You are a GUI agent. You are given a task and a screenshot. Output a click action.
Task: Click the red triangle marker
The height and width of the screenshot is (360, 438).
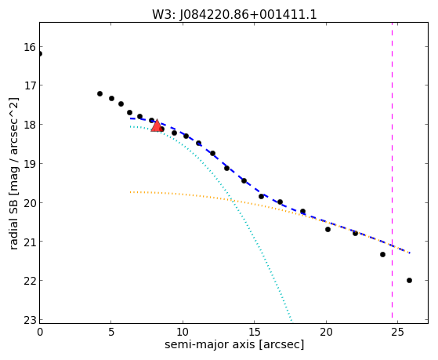pyautogui.click(x=157, y=125)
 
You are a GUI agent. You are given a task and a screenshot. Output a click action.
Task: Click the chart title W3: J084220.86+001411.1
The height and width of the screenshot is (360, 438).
pyautogui.click(x=234, y=14)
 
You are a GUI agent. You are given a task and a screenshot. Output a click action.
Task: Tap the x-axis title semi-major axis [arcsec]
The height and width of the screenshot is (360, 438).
pyautogui.click(x=234, y=344)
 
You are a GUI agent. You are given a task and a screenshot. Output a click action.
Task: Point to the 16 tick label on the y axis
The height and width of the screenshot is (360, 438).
pyautogui.click(x=30, y=47)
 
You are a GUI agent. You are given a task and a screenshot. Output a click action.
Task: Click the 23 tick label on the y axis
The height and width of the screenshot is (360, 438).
pyautogui.click(x=30, y=320)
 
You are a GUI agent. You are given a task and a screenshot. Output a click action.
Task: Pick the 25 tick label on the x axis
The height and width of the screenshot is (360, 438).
pyautogui.click(x=397, y=333)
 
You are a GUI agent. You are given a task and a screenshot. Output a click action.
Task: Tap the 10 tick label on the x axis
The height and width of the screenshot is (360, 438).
pyautogui.click(x=183, y=333)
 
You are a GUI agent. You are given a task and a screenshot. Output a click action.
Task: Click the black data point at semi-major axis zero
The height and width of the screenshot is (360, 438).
pyautogui.click(x=40, y=53)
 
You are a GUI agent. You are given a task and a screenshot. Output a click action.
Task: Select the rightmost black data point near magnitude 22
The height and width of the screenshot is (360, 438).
pyautogui.click(x=409, y=280)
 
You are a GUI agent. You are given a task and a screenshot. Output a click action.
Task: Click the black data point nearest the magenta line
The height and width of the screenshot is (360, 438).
pyautogui.click(x=382, y=255)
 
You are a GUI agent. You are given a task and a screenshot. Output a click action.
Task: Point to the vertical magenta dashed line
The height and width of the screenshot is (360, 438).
pyautogui.click(x=392, y=170)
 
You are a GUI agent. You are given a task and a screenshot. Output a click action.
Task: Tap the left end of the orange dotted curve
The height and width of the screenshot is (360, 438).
pyautogui.click(x=130, y=192)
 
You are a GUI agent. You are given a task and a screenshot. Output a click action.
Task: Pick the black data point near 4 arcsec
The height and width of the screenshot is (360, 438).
pyautogui.click(x=100, y=93)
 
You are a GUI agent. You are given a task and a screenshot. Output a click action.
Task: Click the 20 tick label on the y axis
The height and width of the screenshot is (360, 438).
pyautogui.click(x=30, y=202)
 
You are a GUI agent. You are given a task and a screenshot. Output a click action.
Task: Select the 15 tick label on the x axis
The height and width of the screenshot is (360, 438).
pyautogui.click(x=254, y=333)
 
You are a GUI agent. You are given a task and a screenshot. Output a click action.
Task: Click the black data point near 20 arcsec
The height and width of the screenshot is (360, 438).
pyautogui.click(x=328, y=229)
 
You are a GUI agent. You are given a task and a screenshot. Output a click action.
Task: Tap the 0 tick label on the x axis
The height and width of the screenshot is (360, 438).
pyautogui.click(x=40, y=333)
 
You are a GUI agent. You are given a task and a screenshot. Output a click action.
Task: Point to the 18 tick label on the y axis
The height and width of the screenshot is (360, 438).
pyautogui.click(x=30, y=125)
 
